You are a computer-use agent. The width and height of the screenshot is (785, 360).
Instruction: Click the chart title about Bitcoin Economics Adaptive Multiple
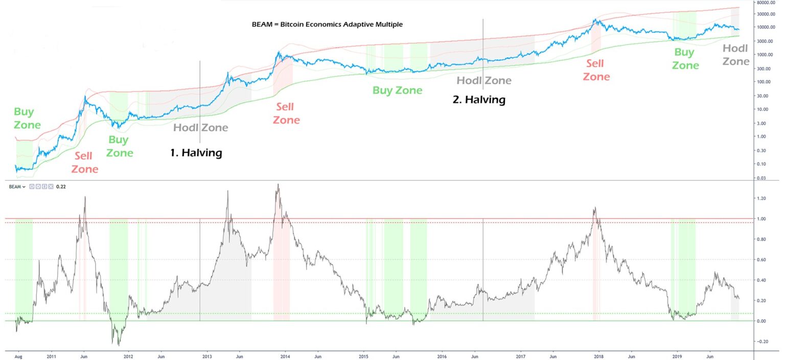click(x=327, y=25)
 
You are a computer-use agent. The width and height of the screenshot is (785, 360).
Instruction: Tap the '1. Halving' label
click(x=196, y=153)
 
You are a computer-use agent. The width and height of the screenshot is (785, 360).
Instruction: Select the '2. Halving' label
click(x=479, y=100)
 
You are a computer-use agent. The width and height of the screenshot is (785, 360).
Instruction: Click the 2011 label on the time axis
click(x=51, y=354)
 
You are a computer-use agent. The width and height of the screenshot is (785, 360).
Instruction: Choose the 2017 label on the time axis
click(x=521, y=354)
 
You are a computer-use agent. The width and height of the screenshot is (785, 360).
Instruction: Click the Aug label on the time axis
click(x=18, y=354)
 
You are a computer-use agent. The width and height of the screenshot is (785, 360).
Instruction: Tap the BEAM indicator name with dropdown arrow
click(x=17, y=187)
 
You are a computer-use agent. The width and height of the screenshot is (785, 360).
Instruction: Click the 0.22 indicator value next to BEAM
click(x=61, y=187)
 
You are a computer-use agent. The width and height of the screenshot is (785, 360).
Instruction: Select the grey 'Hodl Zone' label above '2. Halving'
click(x=483, y=80)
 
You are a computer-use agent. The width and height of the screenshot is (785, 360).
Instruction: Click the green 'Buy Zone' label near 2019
click(x=685, y=59)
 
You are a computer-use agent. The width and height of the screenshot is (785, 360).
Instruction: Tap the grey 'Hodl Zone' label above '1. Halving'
click(x=200, y=127)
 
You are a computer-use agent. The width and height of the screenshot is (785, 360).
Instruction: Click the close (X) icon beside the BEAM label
click(x=50, y=187)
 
